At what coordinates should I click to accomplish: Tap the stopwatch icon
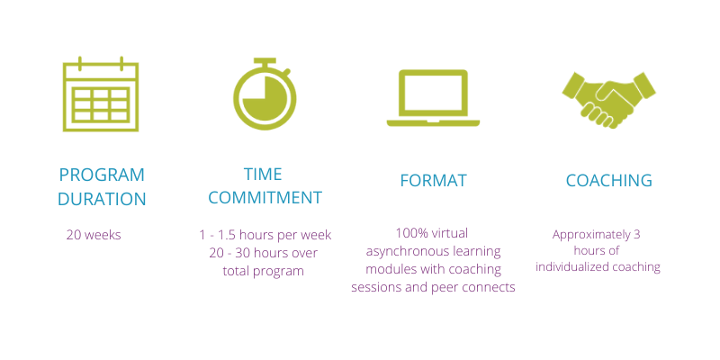coord(265,94)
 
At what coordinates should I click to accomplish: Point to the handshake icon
coord(609,100)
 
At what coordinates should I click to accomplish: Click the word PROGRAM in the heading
coord(102,175)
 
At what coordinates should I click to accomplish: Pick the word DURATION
coord(102,199)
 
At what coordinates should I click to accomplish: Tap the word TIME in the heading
coord(263,174)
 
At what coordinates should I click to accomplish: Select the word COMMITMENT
coord(265,197)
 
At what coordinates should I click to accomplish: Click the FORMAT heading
coord(433,181)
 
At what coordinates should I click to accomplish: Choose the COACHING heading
coord(609,180)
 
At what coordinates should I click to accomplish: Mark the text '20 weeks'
coord(94,235)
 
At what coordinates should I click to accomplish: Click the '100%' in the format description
coord(409,233)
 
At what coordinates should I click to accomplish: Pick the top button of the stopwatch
coord(265,60)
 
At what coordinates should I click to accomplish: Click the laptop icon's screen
coord(433,94)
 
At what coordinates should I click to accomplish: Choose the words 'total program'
coord(263,272)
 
